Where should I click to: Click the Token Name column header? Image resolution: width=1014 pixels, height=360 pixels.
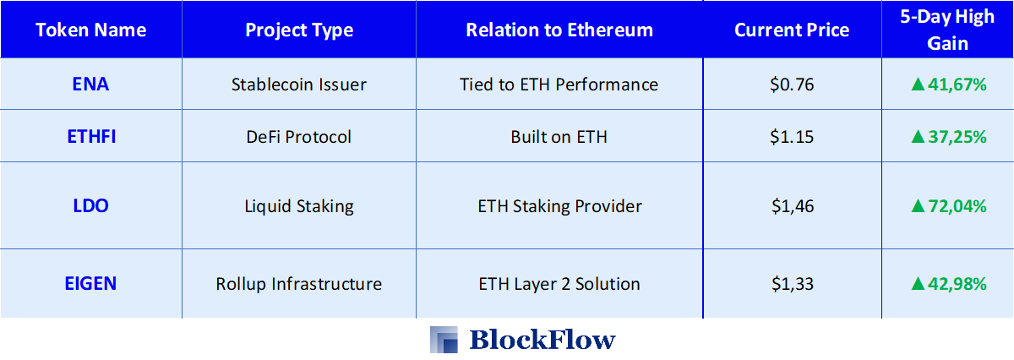click(91, 30)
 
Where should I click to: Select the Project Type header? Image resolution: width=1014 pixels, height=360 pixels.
click(299, 30)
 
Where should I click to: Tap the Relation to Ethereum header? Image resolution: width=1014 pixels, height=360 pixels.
click(559, 30)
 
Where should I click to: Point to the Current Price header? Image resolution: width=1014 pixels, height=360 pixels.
click(792, 30)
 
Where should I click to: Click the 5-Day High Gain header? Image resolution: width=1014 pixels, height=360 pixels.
click(947, 30)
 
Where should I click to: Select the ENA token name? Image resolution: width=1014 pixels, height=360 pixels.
click(90, 85)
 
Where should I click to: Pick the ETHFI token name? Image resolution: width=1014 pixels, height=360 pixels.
click(91, 137)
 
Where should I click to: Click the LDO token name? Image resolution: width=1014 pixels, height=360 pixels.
click(90, 206)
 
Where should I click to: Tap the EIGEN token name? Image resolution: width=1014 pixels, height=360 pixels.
click(90, 284)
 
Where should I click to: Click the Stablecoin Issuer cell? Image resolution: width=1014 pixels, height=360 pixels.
click(299, 85)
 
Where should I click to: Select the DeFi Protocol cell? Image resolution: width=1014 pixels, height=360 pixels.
click(299, 137)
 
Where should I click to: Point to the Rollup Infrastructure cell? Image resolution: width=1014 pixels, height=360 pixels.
click(299, 284)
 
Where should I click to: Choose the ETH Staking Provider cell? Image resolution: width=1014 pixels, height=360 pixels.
click(560, 206)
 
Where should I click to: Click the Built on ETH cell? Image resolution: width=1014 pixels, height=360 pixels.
click(559, 137)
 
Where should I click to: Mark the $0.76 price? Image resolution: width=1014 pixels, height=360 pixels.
click(792, 85)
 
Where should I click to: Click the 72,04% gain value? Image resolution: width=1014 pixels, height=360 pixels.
click(957, 206)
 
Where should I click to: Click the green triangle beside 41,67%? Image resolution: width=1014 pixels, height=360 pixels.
click(918, 85)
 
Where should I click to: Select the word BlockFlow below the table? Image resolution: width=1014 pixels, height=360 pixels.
click(542, 340)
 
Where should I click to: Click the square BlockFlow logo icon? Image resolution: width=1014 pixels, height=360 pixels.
click(444, 340)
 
